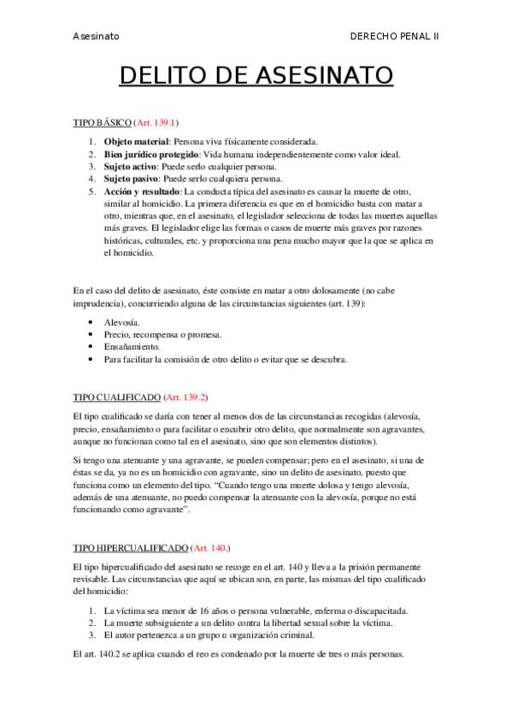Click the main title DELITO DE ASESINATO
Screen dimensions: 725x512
[256, 77]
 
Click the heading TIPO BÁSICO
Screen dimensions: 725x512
[102, 123]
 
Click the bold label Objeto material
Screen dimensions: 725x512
[137, 141]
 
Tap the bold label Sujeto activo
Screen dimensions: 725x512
[132, 167]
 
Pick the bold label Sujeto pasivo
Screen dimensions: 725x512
[133, 180]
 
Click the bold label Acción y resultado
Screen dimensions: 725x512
[142, 192]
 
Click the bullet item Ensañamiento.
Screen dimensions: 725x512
[132, 347]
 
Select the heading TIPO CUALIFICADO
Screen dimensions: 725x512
[115, 398]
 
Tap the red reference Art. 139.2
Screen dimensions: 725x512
[185, 398]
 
